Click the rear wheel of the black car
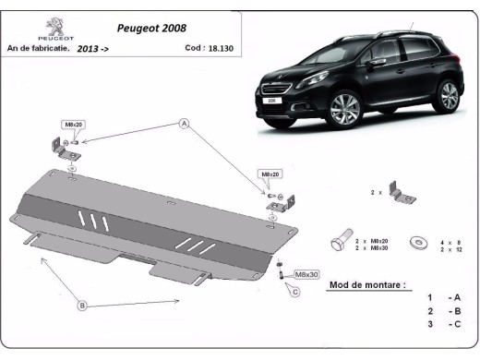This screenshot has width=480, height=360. [x=448, y=94]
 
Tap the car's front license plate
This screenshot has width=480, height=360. [x=271, y=101]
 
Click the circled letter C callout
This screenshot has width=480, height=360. [x=294, y=293]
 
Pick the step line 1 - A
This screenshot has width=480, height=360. [x=444, y=298]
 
